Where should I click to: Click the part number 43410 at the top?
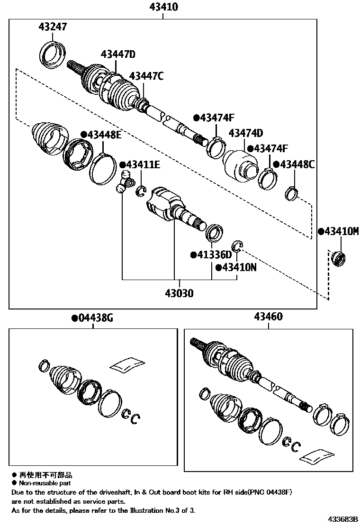click(x=162, y=7)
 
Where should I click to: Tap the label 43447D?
click(x=118, y=55)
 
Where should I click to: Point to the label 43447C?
click(x=146, y=76)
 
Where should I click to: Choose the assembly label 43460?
click(x=268, y=317)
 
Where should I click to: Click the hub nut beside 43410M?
click(x=339, y=259)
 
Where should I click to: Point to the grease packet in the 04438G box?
click(x=126, y=365)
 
